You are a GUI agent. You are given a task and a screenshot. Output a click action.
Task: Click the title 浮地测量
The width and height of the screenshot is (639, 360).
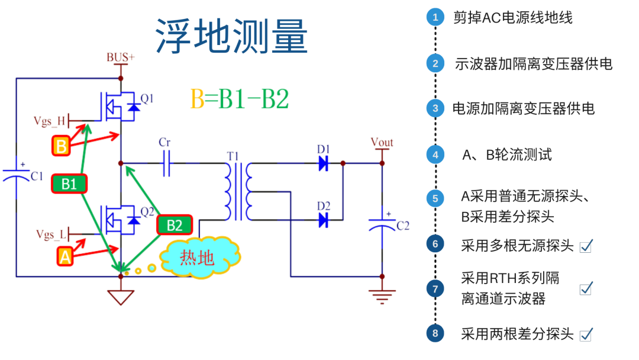pos(232,36)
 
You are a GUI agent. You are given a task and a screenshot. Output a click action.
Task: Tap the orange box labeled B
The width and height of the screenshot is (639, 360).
pos(61,145)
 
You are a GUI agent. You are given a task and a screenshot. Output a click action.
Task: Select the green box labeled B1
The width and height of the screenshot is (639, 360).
pos(69,184)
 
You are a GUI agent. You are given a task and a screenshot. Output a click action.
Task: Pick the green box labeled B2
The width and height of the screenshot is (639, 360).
pos(174,225)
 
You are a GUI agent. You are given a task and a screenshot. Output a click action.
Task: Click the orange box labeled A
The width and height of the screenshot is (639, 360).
pos(65,256)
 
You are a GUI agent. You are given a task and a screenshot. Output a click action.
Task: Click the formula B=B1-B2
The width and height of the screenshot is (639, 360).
pos(239,99)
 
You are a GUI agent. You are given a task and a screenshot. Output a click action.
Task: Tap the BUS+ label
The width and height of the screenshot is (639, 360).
pos(120,57)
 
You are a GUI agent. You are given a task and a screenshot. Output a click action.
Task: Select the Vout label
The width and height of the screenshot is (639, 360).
pos(382,142)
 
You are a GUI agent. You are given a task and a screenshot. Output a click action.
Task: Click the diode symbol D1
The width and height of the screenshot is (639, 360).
pos(323,163)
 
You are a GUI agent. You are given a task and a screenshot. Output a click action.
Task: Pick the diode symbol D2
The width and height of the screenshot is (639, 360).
pos(323,220)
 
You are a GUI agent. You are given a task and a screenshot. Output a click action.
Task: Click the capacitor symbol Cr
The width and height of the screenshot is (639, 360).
pos(166,163)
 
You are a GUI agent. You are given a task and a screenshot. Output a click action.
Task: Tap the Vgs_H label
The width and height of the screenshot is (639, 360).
pos(50,122)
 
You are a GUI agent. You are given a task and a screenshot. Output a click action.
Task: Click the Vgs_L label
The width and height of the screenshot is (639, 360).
pos(51,235)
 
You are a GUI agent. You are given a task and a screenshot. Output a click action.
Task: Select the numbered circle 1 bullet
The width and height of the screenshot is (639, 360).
pos(435,17)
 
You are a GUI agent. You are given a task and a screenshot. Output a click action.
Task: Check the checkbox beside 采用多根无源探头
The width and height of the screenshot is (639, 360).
pos(586,246)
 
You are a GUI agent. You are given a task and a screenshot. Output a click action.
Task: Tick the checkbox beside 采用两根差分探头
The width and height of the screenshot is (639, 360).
pos(586,335)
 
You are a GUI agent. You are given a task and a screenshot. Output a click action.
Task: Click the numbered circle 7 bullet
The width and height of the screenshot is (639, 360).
pos(435,289)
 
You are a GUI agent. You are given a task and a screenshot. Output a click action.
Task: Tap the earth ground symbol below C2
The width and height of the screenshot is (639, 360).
pos(382,295)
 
